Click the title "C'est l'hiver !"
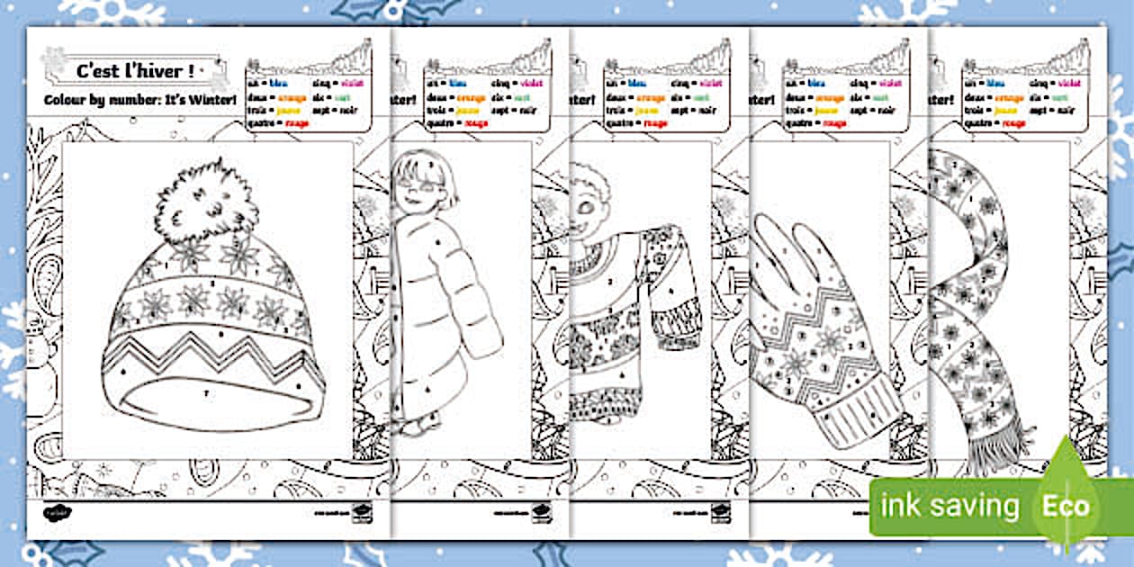(136, 70)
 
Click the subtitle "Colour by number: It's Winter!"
(135, 100)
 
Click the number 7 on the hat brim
(206, 394)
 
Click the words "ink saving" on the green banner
(950, 506)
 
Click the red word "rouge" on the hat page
(296, 123)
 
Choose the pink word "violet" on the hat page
(352, 83)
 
